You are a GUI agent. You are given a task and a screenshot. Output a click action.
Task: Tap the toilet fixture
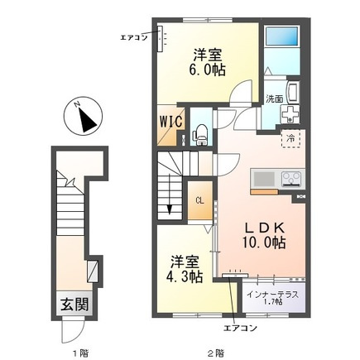(200, 135)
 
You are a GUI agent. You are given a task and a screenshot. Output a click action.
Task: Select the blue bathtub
(281, 36)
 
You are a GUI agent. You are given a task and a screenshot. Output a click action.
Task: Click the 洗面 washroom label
(274, 99)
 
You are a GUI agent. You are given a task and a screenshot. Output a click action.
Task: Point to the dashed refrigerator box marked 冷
(290, 138)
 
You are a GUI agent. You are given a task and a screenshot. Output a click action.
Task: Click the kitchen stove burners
(292, 179)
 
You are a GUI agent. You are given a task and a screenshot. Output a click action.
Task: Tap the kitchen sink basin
(264, 179)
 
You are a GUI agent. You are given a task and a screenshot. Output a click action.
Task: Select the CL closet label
(200, 201)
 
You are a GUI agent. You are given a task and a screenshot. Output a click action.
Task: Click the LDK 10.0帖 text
(264, 235)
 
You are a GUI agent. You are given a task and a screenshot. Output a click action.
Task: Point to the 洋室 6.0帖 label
(208, 62)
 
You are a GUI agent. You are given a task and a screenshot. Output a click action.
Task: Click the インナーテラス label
(272, 295)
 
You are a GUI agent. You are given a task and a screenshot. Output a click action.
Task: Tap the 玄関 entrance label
(74, 305)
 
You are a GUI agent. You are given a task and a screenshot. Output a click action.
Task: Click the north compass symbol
(83, 116)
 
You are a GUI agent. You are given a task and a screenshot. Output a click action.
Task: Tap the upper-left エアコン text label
(134, 38)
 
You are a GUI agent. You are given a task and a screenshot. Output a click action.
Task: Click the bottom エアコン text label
(240, 328)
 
